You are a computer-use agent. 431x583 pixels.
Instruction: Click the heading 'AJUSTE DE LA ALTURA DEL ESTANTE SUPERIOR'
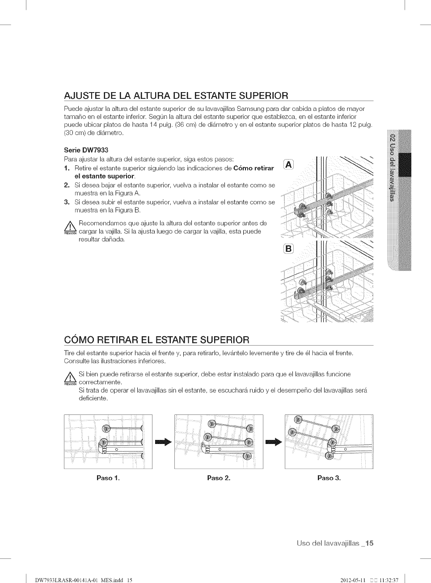pyautogui.click(x=176, y=95)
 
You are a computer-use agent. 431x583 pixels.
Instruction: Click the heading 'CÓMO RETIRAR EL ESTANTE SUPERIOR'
pyautogui.click(x=156, y=339)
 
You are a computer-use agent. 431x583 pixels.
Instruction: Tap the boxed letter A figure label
pyautogui.click(x=289, y=165)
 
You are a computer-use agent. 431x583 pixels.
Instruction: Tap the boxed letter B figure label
pyautogui.click(x=289, y=249)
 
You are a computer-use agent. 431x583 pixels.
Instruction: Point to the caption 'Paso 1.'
pyautogui.click(x=108, y=478)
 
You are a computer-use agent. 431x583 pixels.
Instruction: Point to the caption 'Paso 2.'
pyautogui.click(x=219, y=478)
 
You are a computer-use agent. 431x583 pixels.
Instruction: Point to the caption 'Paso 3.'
pyautogui.click(x=329, y=478)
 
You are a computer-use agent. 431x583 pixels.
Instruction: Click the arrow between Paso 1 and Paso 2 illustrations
pyautogui.click(x=163, y=442)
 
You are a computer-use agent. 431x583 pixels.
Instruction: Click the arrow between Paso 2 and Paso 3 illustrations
pyautogui.click(x=274, y=442)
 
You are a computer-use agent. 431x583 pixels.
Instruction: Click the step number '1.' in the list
pyautogui.click(x=67, y=168)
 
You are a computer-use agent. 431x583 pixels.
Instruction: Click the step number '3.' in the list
pyautogui.click(x=67, y=202)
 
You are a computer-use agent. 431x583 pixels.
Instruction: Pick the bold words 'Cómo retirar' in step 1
pyautogui.click(x=254, y=168)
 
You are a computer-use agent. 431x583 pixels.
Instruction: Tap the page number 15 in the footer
pyautogui.click(x=369, y=544)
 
